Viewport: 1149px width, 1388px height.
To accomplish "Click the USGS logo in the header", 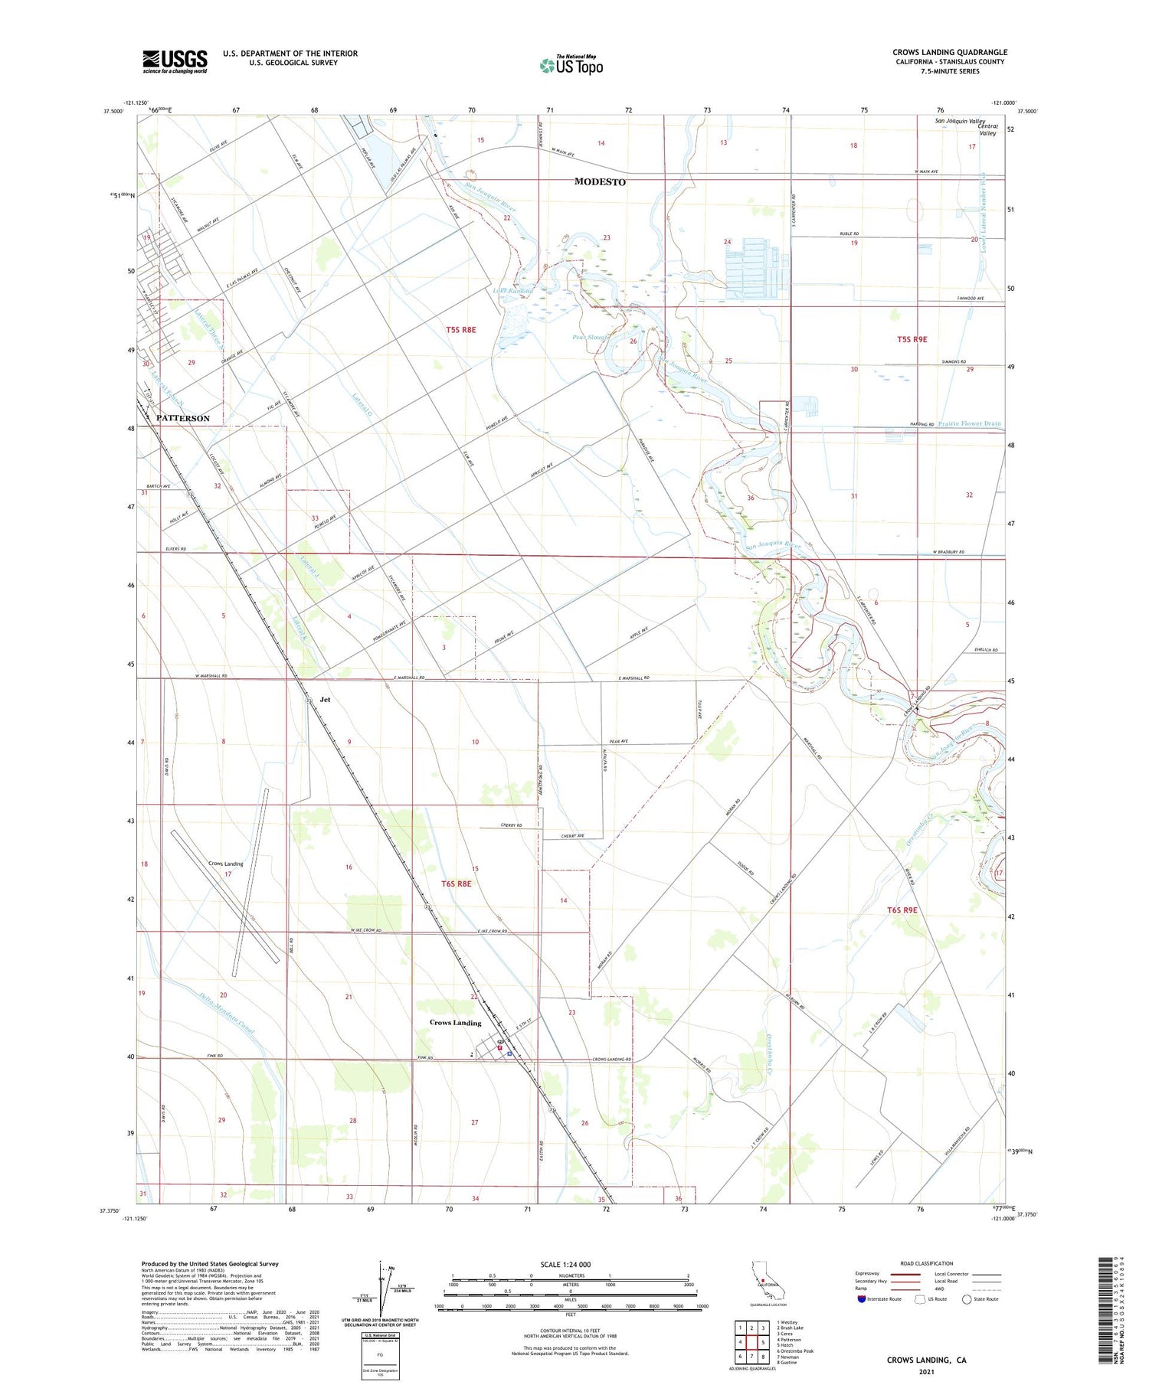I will coord(175,61).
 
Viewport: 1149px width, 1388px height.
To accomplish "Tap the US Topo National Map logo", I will coord(571,65).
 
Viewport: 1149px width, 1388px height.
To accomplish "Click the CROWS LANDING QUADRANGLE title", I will coord(949,52).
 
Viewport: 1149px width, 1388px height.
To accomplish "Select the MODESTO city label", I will coord(601,182).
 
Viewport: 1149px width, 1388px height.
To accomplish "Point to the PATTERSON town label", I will coord(182,418).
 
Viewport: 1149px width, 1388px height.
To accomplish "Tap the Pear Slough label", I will coord(590,337).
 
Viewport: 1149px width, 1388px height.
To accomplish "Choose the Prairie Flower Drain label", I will coord(969,423).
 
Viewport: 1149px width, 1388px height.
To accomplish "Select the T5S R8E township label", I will coord(461,330).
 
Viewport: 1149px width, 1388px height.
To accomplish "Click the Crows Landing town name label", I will coord(455,1023).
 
